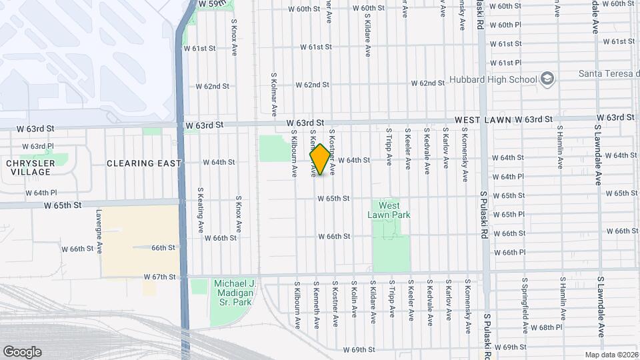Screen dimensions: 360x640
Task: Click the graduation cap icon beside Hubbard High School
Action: [547, 79]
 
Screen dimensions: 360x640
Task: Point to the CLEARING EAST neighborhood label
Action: [143, 163]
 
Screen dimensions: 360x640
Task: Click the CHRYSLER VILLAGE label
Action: [29, 167]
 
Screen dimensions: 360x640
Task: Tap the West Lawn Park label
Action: [389, 210]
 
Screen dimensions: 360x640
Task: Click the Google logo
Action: [22, 352]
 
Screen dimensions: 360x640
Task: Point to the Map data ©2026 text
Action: [611, 355]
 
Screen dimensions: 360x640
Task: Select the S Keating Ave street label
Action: [200, 209]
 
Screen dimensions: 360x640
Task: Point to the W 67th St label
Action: [159, 277]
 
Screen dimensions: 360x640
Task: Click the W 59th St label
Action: [213, 4]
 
